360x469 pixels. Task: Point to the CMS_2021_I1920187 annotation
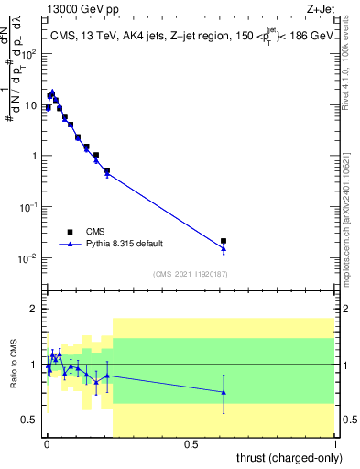coord(190,274)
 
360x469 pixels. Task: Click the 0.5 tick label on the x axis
coord(191,443)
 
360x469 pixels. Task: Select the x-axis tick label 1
coord(335,443)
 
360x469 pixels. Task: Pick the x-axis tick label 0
coord(47,443)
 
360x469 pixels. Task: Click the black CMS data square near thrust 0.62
coord(224,241)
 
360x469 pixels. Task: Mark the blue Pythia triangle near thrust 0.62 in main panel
coord(224,248)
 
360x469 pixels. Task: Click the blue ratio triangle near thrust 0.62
coord(224,392)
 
